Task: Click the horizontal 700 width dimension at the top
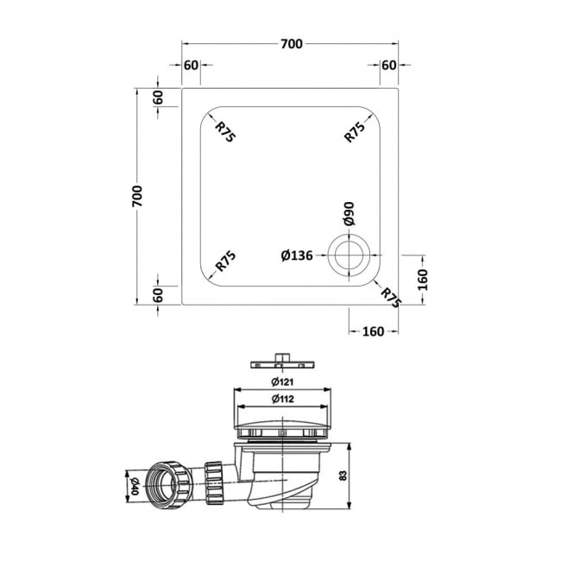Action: click(291, 44)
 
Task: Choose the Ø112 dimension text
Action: click(282, 399)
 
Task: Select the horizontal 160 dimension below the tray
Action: click(373, 331)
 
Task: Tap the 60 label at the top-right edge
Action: click(388, 66)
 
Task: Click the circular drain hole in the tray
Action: click(350, 255)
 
